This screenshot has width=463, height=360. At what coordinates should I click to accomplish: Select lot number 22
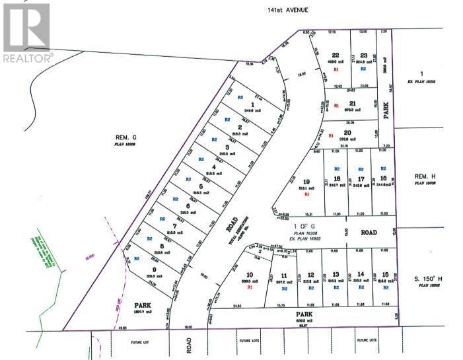(336, 55)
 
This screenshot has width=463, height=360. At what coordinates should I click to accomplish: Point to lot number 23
(363, 55)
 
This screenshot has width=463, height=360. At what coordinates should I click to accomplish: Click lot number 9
(154, 269)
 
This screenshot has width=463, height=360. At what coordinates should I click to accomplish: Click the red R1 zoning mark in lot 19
(306, 195)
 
